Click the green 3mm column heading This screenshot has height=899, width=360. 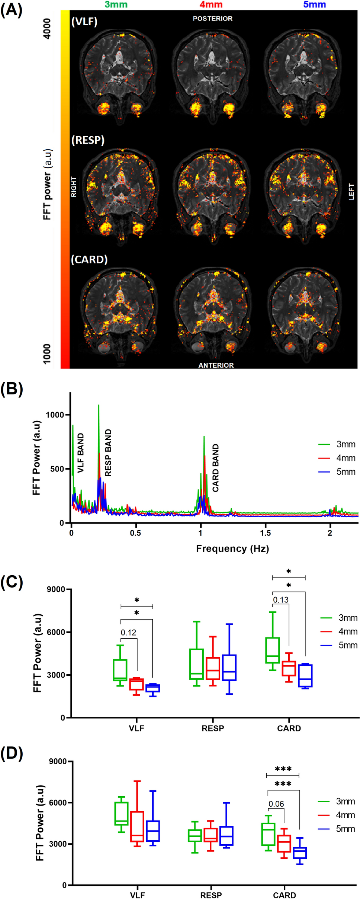tap(116, 4)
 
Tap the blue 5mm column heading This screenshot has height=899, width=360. tap(314, 4)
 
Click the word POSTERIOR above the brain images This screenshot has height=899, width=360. tap(212, 19)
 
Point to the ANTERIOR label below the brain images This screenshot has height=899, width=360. tap(216, 365)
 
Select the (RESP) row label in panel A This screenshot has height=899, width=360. tap(88, 140)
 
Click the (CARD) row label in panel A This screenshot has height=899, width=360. tap(89, 259)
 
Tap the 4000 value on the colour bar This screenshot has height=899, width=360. tap(47, 28)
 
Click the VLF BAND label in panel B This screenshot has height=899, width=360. tap(81, 452)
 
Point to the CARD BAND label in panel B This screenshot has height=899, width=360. tap(215, 468)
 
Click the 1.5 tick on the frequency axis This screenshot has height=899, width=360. tap(265, 533)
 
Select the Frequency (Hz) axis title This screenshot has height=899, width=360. tap(232, 548)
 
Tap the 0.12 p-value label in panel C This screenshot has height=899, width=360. tap(128, 632)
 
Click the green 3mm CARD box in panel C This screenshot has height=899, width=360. tap(272, 651)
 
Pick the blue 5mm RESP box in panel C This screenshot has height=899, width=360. tap(229, 668)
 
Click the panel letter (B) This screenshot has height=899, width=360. tap(12, 389)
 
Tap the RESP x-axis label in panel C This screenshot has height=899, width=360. tap(212, 728)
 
